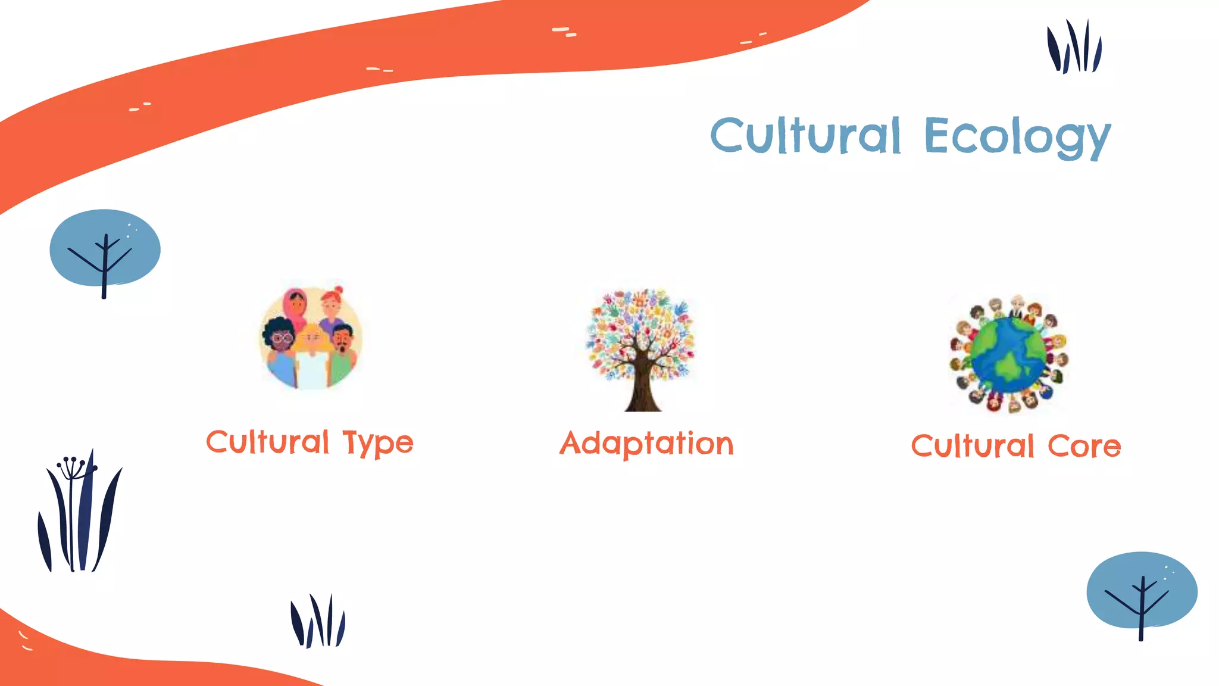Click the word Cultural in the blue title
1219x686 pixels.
(805, 136)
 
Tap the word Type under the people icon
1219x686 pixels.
(377, 444)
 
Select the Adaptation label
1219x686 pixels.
(646, 444)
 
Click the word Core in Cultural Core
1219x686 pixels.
(1084, 447)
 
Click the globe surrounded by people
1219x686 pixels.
(1008, 355)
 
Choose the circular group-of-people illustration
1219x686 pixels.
(311, 338)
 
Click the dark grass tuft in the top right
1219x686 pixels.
(1074, 48)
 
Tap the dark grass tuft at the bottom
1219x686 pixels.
(317, 622)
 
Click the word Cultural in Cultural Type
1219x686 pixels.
(267, 442)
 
